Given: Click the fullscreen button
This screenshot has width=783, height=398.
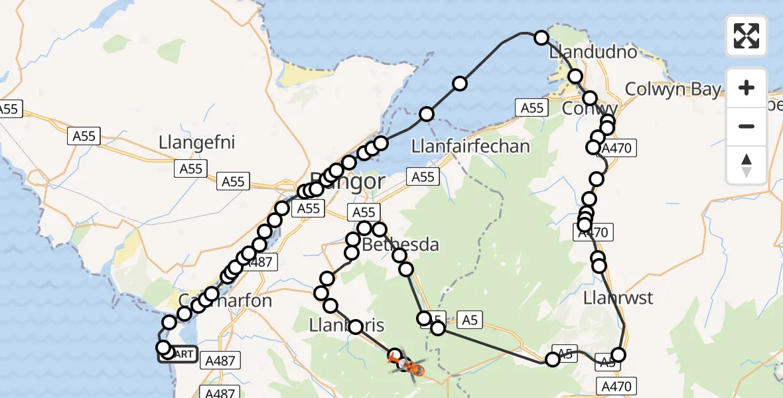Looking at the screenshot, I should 747,36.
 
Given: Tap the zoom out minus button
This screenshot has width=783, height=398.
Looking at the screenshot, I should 747,126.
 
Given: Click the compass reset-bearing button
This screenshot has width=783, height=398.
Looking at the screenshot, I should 747,165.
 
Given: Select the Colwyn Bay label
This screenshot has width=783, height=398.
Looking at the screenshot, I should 672,89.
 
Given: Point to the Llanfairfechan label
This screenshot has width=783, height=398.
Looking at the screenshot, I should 470,146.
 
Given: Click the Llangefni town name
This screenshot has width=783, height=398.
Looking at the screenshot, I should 197,143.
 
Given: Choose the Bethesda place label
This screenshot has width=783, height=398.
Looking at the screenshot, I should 400,245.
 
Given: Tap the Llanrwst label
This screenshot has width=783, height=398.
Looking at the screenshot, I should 618,298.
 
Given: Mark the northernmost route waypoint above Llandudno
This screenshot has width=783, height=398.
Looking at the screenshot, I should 541,38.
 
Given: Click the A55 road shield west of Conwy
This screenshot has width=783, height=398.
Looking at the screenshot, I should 532,107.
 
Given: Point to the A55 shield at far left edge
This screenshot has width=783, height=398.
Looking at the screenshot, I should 9,109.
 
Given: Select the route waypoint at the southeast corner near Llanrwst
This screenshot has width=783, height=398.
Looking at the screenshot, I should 618,355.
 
